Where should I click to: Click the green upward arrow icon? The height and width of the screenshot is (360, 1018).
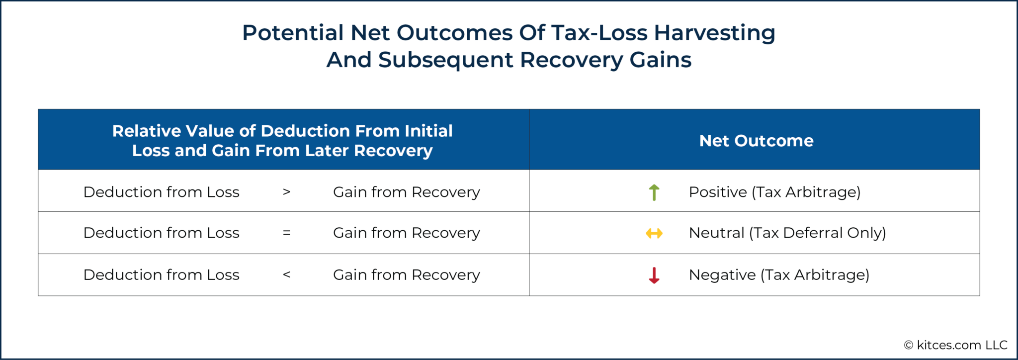pyautogui.click(x=654, y=192)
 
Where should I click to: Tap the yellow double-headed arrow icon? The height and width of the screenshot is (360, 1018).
pyautogui.click(x=654, y=233)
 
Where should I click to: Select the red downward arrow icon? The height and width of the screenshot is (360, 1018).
pyautogui.click(x=654, y=275)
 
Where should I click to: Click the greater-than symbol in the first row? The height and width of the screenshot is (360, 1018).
pyautogui.click(x=286, y=192)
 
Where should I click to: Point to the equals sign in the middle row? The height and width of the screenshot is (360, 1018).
pyautogui.click(x=286, y=233)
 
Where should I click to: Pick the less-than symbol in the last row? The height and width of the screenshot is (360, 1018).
pyautogui.click(x=286, y=274)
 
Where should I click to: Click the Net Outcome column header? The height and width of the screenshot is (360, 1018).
pyautogui.click(x=756, y=141)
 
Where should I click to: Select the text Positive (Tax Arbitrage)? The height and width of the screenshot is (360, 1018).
pyautogui.click(x=774, y=192)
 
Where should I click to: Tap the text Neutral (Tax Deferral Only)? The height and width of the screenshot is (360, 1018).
pyautogui.click(x=787, y=233)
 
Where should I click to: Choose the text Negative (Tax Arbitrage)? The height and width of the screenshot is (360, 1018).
pyautogui.click(x=779, y=274)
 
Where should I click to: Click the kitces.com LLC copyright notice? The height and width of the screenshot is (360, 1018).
pyautogui.click(x=955, y=345)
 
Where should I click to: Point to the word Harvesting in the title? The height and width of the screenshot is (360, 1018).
pyautogui.click(x=714, y=33)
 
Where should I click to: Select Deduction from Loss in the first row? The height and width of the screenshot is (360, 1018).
pyautogui.click(x=161, y=192)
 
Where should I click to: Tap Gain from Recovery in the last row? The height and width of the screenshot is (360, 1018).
pyautogui.click(x=406, y=274)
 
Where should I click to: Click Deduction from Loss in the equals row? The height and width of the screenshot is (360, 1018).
pyautogui.click(x=161, y=233)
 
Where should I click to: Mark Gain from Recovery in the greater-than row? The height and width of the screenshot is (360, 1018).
pyautogui.click(x=406, y=192)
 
